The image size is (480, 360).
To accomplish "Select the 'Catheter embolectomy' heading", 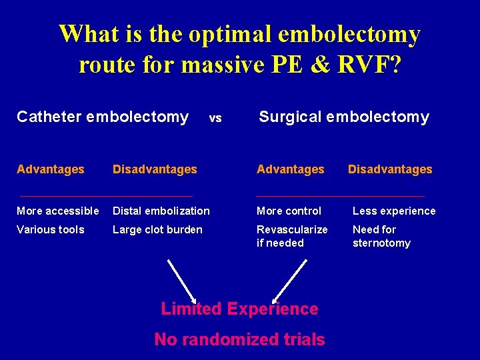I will tap(103, 117).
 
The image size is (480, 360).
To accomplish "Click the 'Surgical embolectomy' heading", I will tap(343, 117).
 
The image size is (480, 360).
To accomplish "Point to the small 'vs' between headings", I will tap(215, 119).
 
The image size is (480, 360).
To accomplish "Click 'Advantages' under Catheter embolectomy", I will tap(51, 169).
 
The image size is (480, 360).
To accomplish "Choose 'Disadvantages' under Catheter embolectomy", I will tap(155, 169).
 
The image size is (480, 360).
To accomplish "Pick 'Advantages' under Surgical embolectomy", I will tap(291, 169).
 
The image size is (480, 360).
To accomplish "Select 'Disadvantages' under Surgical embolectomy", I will tap(390, 169).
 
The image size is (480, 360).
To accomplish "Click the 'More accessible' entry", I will tap(58, 211).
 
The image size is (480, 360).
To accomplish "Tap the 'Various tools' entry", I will tap(51, 229).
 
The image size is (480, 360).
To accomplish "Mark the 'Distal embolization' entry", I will tap(161, 211).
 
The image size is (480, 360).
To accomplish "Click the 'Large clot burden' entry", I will tap(157, 229).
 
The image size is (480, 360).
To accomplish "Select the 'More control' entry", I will tap(289, 211).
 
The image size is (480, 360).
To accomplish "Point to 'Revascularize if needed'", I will tap(292, 236).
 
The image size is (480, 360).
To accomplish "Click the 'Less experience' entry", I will tap(393, 211).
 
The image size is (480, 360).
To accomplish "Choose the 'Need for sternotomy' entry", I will tap(381, 236).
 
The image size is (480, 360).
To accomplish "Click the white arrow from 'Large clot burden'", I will tap(181, 280).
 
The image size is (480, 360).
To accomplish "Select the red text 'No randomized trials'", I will tap(239, 339).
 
